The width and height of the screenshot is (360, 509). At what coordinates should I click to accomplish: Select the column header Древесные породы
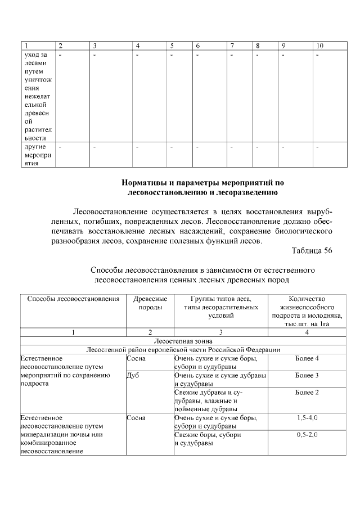[150, 303]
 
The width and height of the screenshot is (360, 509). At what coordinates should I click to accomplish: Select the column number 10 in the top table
[319, 45]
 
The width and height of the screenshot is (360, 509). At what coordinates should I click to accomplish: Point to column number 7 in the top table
[232, 45]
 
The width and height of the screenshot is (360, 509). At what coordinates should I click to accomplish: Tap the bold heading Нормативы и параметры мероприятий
[203, 183]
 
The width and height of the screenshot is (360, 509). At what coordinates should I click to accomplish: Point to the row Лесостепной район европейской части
[183, 349]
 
